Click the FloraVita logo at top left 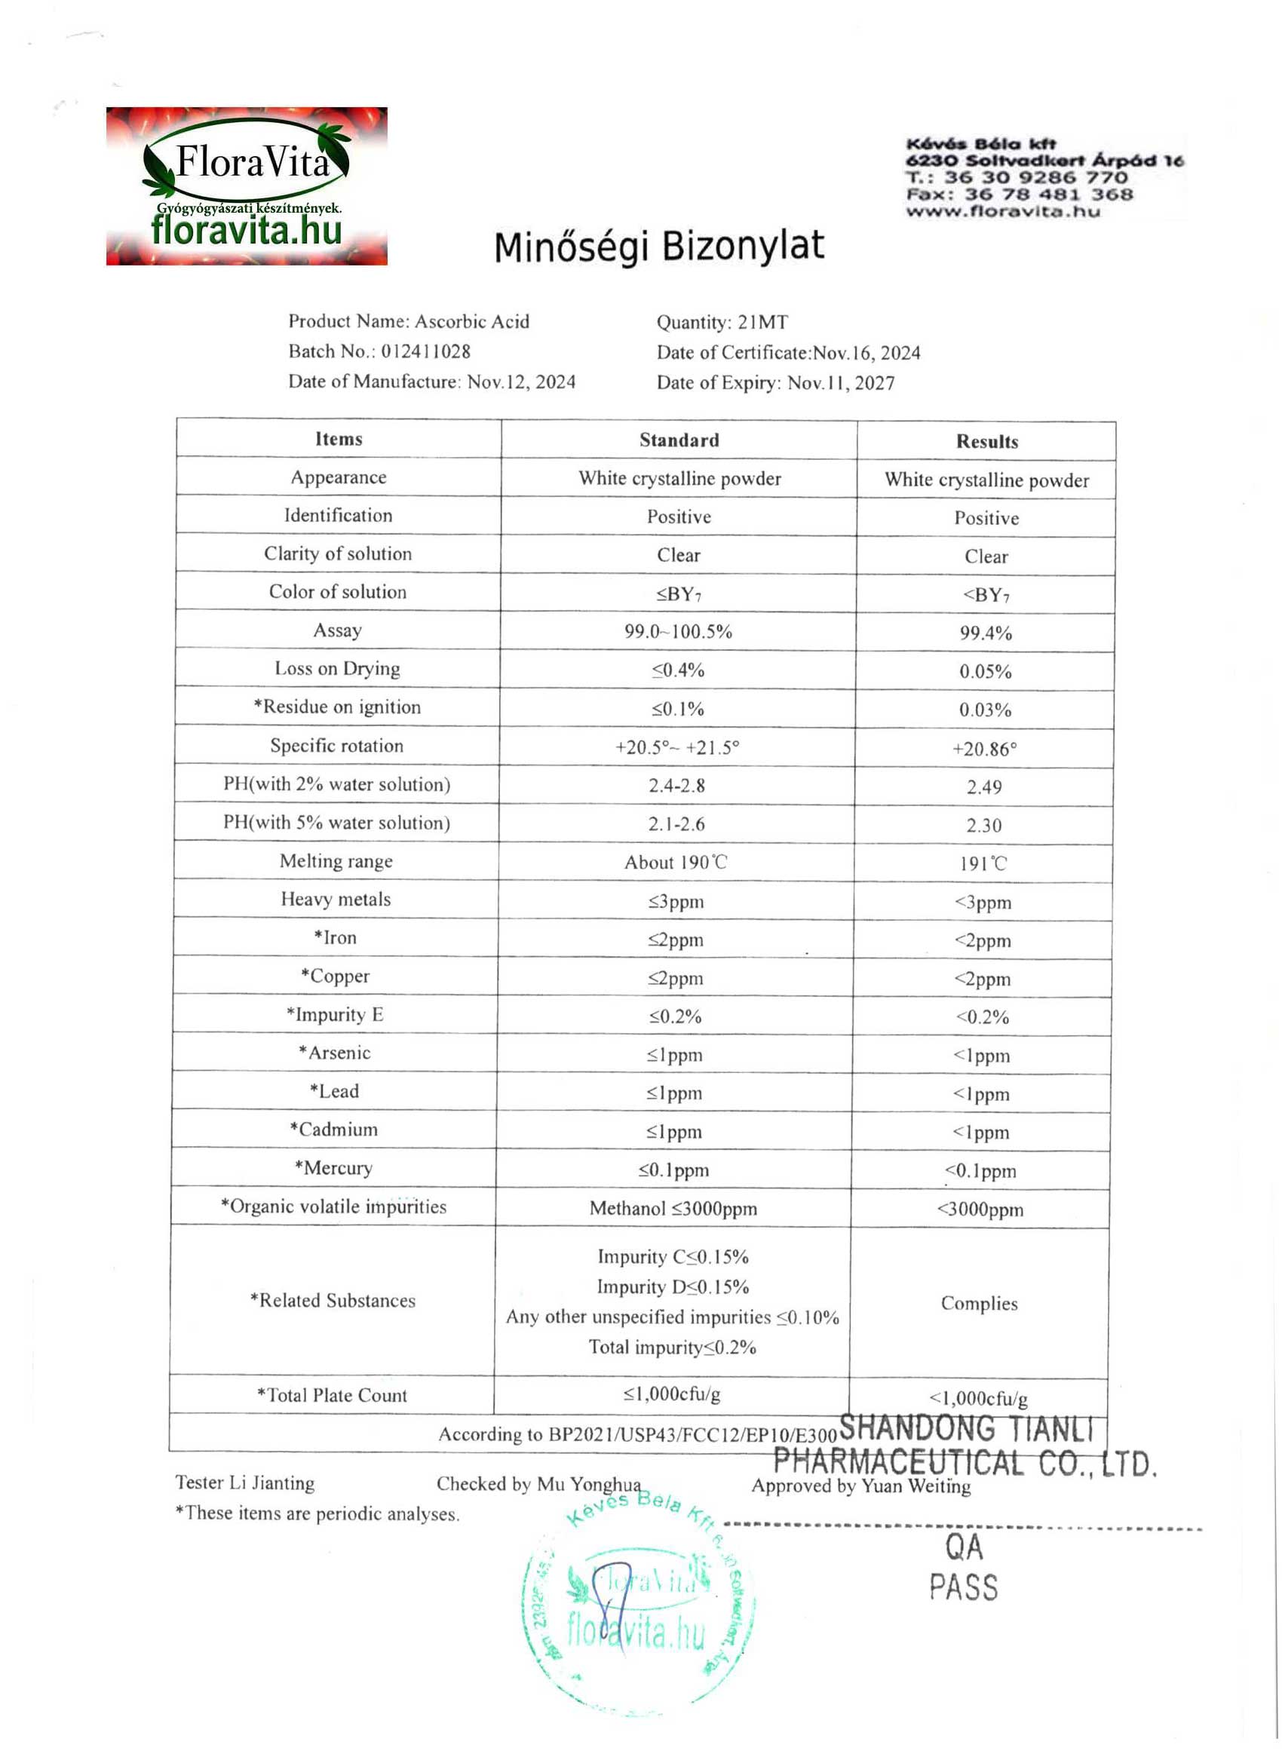pyautogui.click(x=247, y=185)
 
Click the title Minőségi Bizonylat pyautogui.click(x=658, y=247)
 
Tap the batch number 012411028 pyautogui.click(x=425, y=351)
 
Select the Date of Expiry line pyautogui.click(x=775, y=382)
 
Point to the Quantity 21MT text pyautogui.click(x=722, y=322)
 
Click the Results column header pyautogui.click(x=986, y=442)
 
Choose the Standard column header pyautogui.click(x=679, y=440)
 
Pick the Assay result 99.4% pyautogui.click(x=985, y=633)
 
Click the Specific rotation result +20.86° pyautogui.click(x=984, y=749)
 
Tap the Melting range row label pyautogui.click(x=336, y=861)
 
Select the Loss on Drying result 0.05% pyautogui.click(x=985, y=672)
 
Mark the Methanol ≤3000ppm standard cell pyautogui.click(x=673, y=1208)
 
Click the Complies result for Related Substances pyautogui.click(x=979, y=1304)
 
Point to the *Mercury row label pyautogui.click(x=333, y=1167)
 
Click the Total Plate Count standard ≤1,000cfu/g pyautogui.click(x=672, y=1394)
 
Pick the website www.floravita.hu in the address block pyautogui.click(x=1003, y=211)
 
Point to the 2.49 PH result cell pyautogui.click(x=983, y=786)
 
